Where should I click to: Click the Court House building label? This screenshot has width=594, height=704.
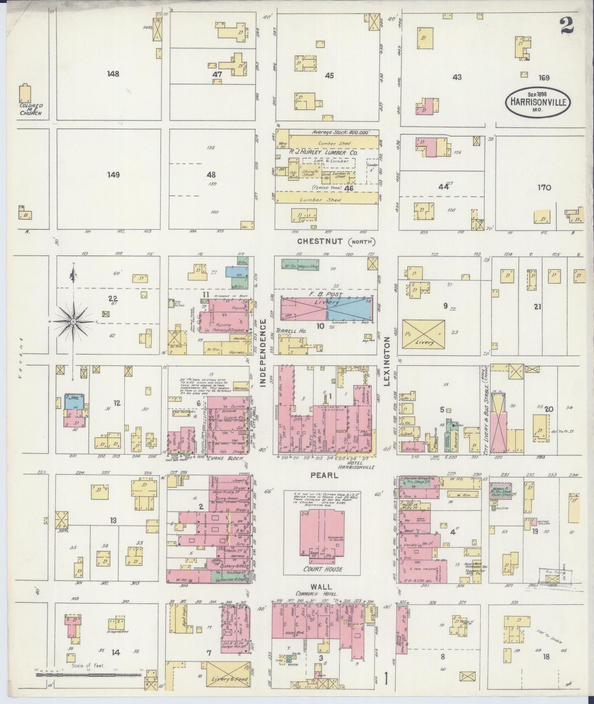(x=323, y=569)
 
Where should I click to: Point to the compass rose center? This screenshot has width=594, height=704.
(x=73, y=320)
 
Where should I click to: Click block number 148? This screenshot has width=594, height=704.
(x=113, y=74)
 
